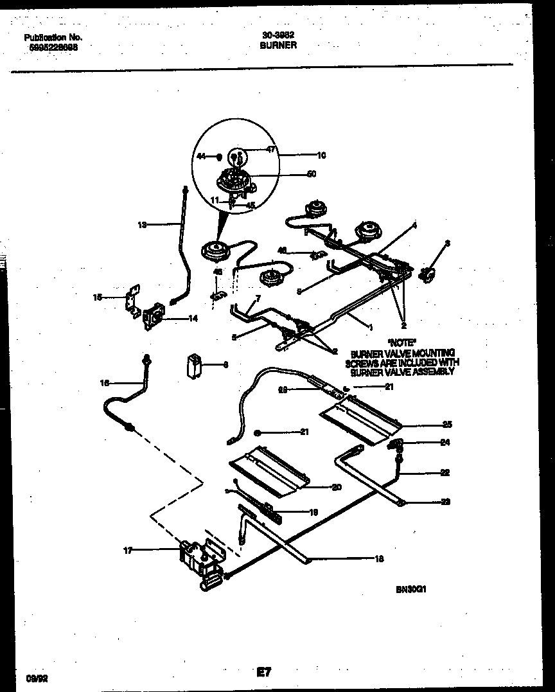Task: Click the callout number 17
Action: pos(127,550)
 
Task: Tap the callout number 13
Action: pos(142,225)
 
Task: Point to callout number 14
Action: pos(193,318)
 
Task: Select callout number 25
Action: pos(448,424)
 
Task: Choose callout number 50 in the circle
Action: pos(312,173)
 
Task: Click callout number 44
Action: pos(201,156)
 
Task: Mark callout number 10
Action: pos(321,155)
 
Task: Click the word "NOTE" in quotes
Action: pos(401,343)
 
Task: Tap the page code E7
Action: pos(264,673)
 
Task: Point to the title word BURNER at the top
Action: pos(278,46)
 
